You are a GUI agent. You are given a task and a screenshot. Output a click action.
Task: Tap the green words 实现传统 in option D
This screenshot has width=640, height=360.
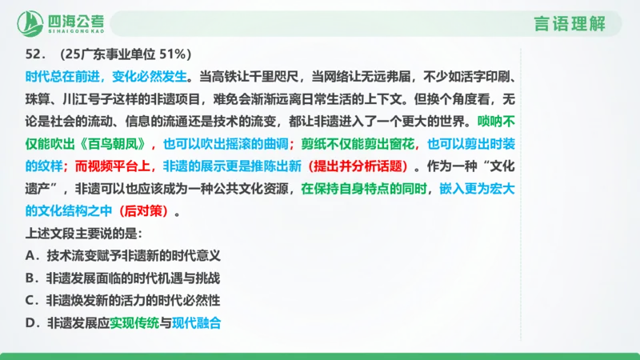tap(134, 323)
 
